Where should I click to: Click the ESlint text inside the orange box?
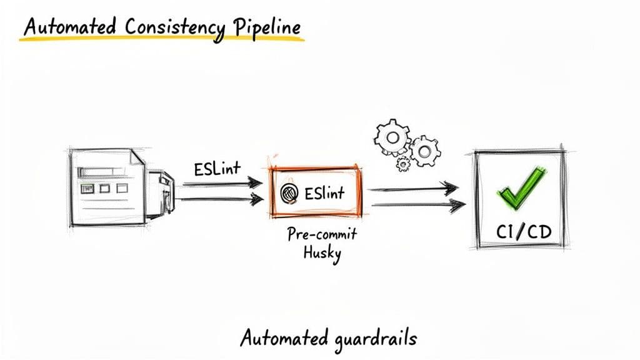click(324, 193)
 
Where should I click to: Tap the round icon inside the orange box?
click(289, 193)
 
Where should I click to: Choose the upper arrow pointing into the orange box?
click(222, 183)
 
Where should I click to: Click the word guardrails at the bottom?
click(372, 339)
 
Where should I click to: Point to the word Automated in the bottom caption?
click(282, 339)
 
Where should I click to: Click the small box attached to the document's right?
click(160, 194)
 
